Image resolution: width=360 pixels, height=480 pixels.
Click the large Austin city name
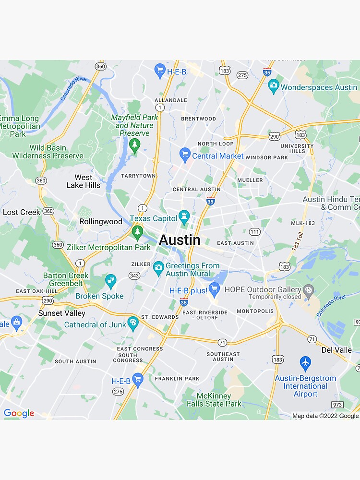pyautogui.click(x=180, y=240)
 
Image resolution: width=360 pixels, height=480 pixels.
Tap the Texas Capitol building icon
pyautogui.click(x=184, y=217)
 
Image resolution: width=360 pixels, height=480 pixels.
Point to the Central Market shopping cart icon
pyautogui.click(x=185, y=155)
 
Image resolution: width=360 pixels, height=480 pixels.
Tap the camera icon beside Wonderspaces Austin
pyautogui.click(x=274, y=86)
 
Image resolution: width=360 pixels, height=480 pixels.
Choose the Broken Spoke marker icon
pyautogui.click(x=111, y=281)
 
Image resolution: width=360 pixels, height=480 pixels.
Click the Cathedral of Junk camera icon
pyautogui.click(x=133, y=323)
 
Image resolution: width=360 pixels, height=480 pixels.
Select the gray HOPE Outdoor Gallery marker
pyautogui.click(x=309, y=290)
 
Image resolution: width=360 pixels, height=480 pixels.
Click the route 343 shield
pyautogui.click(x=134, y=276)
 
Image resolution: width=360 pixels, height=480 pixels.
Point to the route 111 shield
pyautogui.click(x=254, y=232)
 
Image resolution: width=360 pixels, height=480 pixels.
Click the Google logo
pyautogui.click(x=19, y=413)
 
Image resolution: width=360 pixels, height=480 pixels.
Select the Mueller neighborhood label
pyautogui.click(x=250, y=180)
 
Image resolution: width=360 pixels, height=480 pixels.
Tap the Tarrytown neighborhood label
pyautogui.click(x=138, y=176)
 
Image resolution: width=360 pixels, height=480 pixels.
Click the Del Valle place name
pyautogui.click(x=336, y=350)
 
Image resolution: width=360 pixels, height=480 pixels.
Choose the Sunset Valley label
pyautogui.click(x=62, y=313)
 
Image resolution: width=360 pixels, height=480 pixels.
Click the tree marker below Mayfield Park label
pyautogui.click(x=134, y=144)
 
